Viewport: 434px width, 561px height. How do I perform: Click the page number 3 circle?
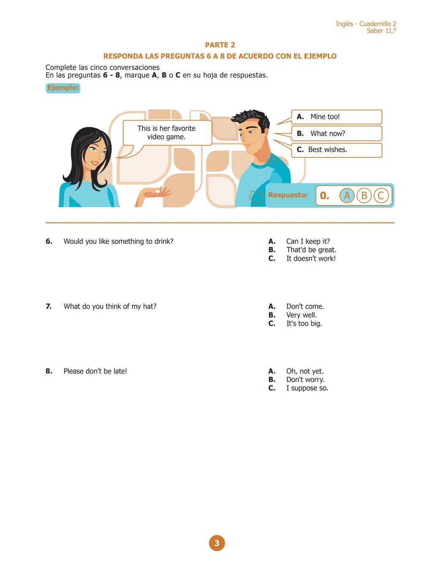point(217,543)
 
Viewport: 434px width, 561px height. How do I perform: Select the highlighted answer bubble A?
point(347,196)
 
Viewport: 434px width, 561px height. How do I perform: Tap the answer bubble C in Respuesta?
point(381,196)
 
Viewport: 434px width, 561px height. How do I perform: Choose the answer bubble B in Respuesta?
point(364,196)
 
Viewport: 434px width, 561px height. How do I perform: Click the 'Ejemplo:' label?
point(63,88)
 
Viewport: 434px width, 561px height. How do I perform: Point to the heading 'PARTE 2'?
point(220,45)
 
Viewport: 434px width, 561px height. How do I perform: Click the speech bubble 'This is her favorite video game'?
point(166,133)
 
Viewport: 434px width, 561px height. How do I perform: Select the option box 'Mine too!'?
point(336,117)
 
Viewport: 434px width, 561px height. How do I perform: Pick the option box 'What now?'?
point(336,133)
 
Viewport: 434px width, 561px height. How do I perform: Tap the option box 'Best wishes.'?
point(336,150)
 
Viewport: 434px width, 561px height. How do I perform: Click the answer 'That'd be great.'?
point(311,250)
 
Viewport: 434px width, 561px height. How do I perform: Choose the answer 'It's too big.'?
point(304,324)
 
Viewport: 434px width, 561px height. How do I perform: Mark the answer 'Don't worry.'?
point(305,379)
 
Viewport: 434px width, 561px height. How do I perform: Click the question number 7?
point(49,306)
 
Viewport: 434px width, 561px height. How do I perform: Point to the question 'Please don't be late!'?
point(95,371)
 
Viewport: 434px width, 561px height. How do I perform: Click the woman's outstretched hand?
point(159,193)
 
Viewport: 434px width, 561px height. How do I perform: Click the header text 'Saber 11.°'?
point(381,31)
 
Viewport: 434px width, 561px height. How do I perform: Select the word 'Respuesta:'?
point(288,195)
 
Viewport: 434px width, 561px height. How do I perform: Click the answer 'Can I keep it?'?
point(308,241)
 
